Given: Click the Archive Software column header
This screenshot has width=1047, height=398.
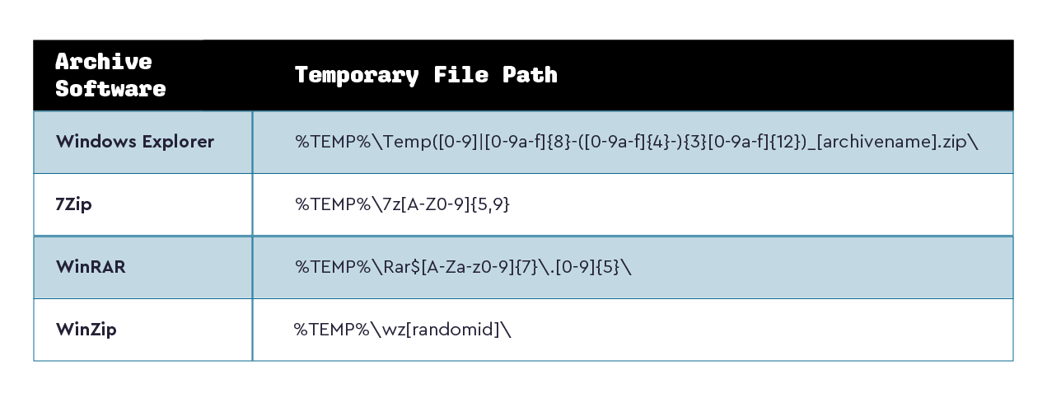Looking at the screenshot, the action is click(110, 75).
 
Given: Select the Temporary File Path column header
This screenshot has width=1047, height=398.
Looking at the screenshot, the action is click(426, 75).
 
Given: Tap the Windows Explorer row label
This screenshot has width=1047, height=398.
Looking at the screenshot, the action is click(135, 141).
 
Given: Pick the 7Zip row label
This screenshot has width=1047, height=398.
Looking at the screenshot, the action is click(73, 204).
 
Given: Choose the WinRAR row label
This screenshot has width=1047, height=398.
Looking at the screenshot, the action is click(91, 267).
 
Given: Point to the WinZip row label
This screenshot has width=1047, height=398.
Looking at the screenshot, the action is click(86, 330).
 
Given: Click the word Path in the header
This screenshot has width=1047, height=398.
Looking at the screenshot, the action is click(530, 75).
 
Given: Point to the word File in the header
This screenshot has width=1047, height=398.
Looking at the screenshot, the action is click(460, 75).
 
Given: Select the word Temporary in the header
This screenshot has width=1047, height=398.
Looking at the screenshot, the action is click(357, 76).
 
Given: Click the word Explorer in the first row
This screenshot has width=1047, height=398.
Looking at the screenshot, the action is click(178, 142).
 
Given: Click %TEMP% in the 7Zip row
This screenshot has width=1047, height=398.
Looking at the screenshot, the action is click(333, 204).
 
